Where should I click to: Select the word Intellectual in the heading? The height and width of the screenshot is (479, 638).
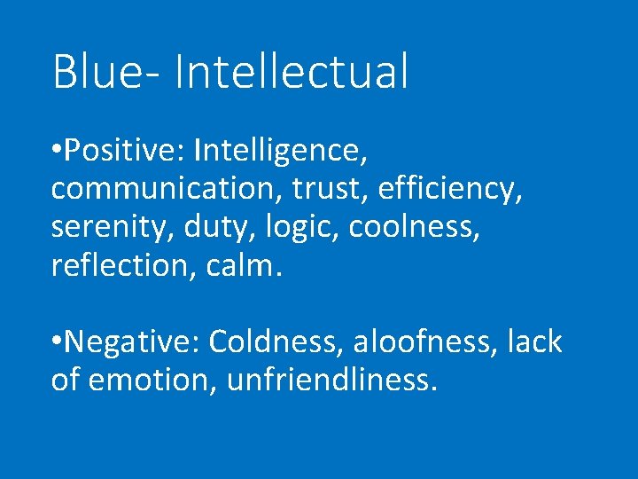(x=292, y=72)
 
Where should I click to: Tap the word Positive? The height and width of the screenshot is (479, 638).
(x=121, y=151)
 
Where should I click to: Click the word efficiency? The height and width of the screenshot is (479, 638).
(x=446, y=189)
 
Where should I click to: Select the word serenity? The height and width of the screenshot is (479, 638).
(x=111, y=227)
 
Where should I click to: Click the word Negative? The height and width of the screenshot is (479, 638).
(x=129, y=342)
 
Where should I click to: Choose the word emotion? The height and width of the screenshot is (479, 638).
(x=152, y=380)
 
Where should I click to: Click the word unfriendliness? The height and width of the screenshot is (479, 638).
(x=332, y=380)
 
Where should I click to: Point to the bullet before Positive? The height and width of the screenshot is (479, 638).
(x=56, y=151)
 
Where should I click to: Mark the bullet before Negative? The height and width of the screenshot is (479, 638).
(x=56, y=342)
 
